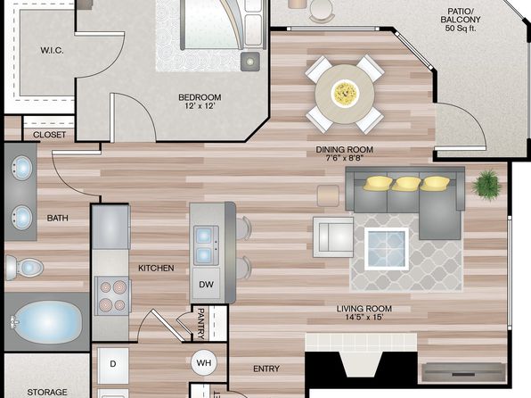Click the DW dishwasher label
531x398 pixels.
coord(206,285)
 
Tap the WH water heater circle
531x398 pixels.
coord(204,362)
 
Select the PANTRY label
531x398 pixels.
coord(200,324)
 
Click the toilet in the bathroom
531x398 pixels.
coord(24,268)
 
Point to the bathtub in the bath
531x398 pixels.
coord(46,321)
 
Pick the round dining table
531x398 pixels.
coord(345,94)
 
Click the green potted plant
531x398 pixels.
coord(486,186)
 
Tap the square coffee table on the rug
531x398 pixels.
coord(387,249)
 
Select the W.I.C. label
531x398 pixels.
coord(53,51)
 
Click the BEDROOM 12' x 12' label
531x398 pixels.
coord(200,102)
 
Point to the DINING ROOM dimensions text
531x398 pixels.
coord(345,158)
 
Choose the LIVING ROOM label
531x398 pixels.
coord(364,309)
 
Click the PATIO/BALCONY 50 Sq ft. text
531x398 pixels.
coord(461,20)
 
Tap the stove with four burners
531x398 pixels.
coord(112,295)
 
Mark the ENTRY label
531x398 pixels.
coord(266,369)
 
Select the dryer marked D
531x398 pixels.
coord(113,365)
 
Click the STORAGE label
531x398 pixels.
coord(47,393)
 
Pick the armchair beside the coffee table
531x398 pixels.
coord(333,236)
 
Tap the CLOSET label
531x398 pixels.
coord(49,135)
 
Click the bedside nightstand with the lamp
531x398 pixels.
coord(250,62)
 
